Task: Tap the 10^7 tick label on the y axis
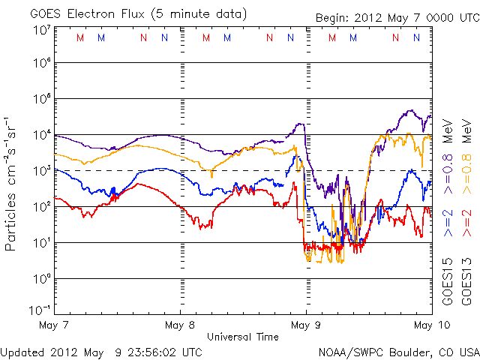pos(41,30)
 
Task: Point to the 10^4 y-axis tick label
pos(41,134)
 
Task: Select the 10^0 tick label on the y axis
pos(41,278)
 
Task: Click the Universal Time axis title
pos(243,337)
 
